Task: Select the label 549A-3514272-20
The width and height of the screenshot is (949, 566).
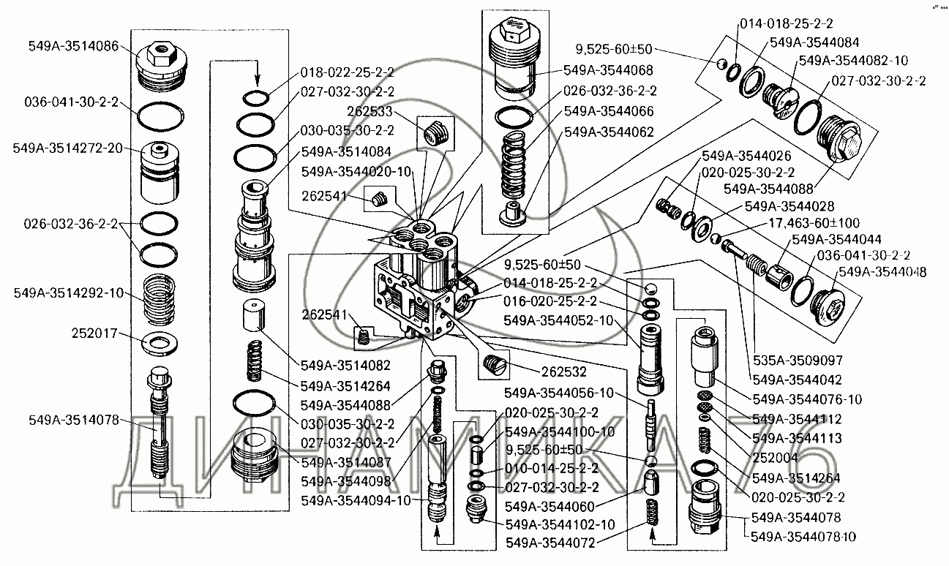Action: (x=67, y=148)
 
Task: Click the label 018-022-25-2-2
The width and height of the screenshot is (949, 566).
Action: (x=348, y=72)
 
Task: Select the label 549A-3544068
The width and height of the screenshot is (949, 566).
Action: (x=609, y=71)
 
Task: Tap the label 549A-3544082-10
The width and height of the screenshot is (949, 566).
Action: (x=853, y=60)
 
